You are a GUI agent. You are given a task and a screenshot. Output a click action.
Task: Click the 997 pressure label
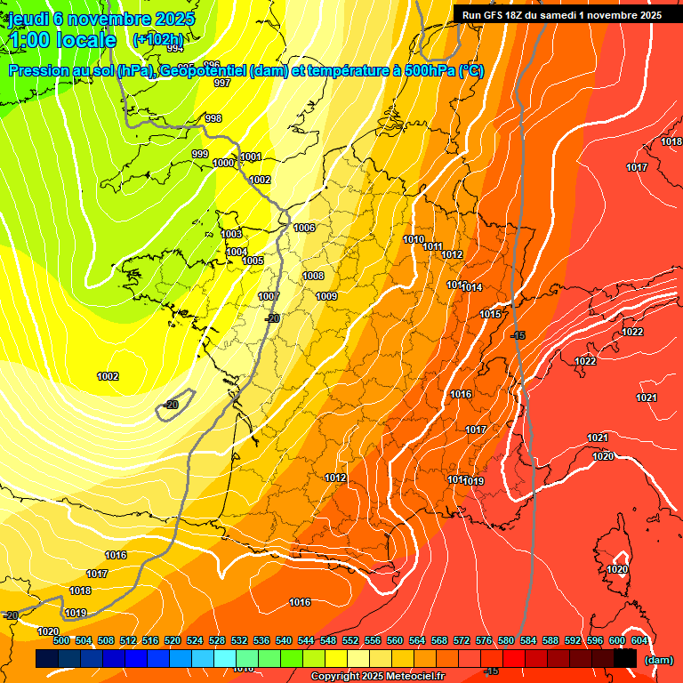(x=222, y=83)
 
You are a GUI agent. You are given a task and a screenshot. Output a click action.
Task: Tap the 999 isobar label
(x=200, y=154)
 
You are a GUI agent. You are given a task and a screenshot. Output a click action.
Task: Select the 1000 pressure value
(x=223, y=163)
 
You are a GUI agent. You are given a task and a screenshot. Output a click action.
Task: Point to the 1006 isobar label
(x=304, y=228)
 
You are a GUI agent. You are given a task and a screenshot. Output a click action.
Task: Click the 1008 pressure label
(x=313, y=276)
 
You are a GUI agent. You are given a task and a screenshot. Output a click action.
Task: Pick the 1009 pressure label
(x=326, y=296)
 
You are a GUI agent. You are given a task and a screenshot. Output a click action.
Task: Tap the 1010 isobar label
(x=414, y=239)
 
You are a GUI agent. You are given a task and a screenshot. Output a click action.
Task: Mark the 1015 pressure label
(x=490, y=314)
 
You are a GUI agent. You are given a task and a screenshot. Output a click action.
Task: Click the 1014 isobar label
(x=471, y=287)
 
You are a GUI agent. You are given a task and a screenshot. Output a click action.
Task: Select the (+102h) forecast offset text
(x=157, y=40)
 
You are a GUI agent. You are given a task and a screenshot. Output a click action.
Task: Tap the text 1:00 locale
(x=62, y=40)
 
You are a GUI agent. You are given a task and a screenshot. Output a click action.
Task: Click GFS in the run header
(x=495, y=14)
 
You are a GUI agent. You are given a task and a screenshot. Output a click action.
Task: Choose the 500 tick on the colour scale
(x=61, y=640)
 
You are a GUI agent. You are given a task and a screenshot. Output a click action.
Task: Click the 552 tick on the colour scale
(x=350, y=640)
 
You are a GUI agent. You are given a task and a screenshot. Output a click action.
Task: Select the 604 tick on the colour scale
(x=639, y=640)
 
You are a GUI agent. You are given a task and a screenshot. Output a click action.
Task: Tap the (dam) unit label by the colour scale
(x=658, y=659)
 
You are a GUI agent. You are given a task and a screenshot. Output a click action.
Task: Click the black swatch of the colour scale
(x=625, y=658)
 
